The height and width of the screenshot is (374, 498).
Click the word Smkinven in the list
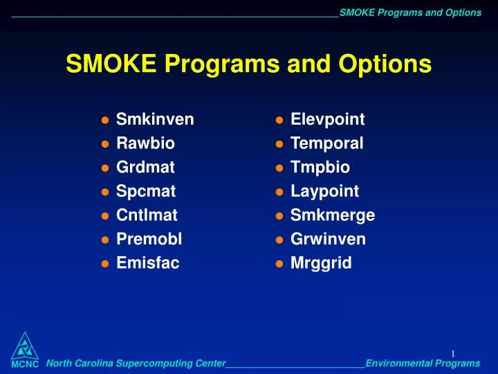pyautogui.click(x=155, y=120)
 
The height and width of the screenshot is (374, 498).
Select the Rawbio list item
pyautogui.click(x=145, y=143)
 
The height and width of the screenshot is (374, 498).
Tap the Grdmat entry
pyautogui.click(x=145, y=168)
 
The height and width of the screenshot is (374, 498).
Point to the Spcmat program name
pyautogui.click(x=146, y=191)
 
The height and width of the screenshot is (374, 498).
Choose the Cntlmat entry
pyautogui.click(x=147, y=215)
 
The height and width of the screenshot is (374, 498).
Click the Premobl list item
pyautogui.click(x=149, y=239)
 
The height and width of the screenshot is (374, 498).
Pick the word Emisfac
pyautogui.click(x=147, y=263)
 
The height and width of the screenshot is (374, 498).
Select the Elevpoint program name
pyautogui.click(x=328, y=120)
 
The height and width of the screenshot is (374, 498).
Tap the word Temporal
pyautogui.click(x=327, y=143)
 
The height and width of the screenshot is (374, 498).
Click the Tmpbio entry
pyautogui.click(x=320, y=168)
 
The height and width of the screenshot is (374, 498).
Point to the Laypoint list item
pyautogui.click(x=325, y=191)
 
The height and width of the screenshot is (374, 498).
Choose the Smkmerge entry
pyautogui.click(x=333, y=215)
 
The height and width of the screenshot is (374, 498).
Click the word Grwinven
pyautogui.click(x=329, y=239)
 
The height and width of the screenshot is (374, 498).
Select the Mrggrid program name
pyautogui.click(x=321, y=263)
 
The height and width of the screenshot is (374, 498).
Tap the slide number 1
pyautogui.click(x=453, y=354)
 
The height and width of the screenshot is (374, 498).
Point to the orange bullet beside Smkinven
pyautogui.click(x=104, y=121)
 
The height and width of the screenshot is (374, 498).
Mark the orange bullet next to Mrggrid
pyautogui.click(x=279, y=264)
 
